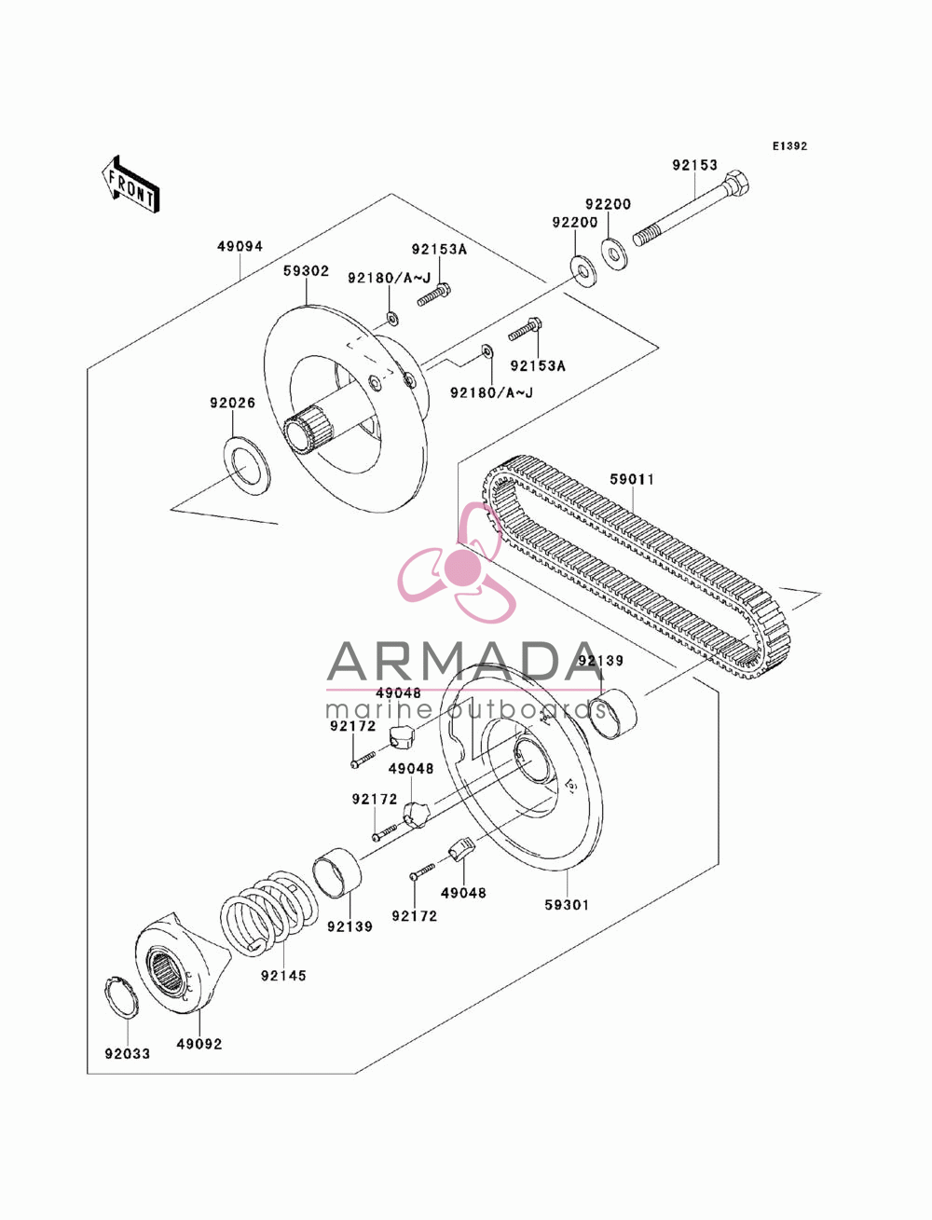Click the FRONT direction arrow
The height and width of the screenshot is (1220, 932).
[130, 184]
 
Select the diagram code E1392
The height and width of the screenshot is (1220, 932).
[789, 146]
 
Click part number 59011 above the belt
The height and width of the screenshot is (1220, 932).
[632, 479]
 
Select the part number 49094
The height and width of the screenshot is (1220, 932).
[240, 246]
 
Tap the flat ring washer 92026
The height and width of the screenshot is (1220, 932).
[247, 465]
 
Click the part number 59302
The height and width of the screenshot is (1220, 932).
[307, 271]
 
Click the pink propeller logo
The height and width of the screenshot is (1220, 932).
[459, 564]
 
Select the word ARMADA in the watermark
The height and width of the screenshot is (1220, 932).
[465, 661]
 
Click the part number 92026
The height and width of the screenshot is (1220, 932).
[233, 403]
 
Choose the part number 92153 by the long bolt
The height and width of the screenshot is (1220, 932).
[694, 165]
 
